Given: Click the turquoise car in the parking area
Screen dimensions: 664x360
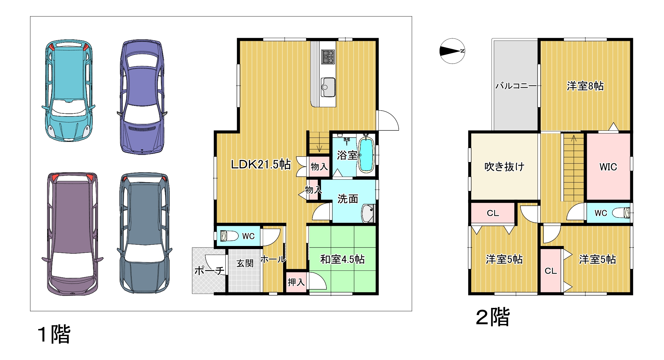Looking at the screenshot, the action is pyautogui.click(x=69, y=90).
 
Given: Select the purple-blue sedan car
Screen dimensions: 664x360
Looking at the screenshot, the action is pyautogui.click(x=142, y=97).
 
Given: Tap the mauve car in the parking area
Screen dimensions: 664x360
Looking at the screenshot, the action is pyautogui.click(x=73, y=234).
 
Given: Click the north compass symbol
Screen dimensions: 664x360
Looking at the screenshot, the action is pyautogui.click(x=452, y=51).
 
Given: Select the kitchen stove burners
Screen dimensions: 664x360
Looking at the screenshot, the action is pyautogui.click(x=328, y=57).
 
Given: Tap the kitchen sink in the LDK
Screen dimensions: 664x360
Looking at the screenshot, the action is pyautogui.click(x=328, y=87).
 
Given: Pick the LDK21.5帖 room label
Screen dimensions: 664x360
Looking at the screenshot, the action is pyautogui.click(x=261, y=164).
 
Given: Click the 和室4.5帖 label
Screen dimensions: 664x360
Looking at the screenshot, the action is pyautogui.click(x=342, y=259).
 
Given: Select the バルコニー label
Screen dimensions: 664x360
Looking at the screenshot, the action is pyautogui.click(x=516, y=86).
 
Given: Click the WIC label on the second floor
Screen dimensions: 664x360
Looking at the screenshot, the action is pyautogui.click(x=608, y=167).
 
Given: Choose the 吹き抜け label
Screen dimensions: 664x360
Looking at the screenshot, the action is pyautogui.click(x=504, y=167).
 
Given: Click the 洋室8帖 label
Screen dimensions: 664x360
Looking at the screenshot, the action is pyautogui.click(x=585, y=86).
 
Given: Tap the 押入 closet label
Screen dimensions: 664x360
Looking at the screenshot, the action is pyautogui.click(x=296, y=282).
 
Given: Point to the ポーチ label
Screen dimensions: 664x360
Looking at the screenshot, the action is pyautogui.click(x=209, y=271).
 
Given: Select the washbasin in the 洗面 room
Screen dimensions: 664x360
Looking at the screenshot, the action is pyautogui.click(x=368, y=213).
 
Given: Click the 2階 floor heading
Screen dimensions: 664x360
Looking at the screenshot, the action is pyautogui.click(x=493, y=317).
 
